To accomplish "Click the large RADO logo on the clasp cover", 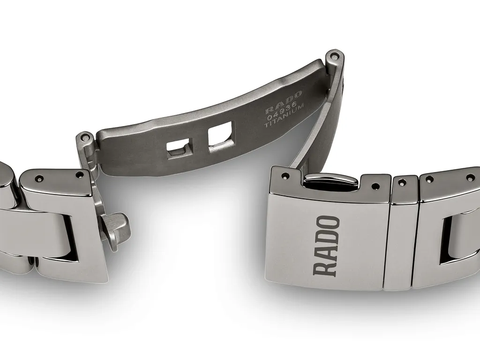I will pos(326,245).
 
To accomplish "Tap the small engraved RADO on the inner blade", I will pos(284,103).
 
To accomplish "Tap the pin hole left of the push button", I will pos(285,176).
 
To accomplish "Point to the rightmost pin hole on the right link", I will pos(470,178).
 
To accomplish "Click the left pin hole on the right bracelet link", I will pos(429,179).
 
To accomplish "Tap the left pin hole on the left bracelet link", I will pos(39,178).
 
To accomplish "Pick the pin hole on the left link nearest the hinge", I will pos(80,174).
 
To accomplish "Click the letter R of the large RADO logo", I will pos(326,267).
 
